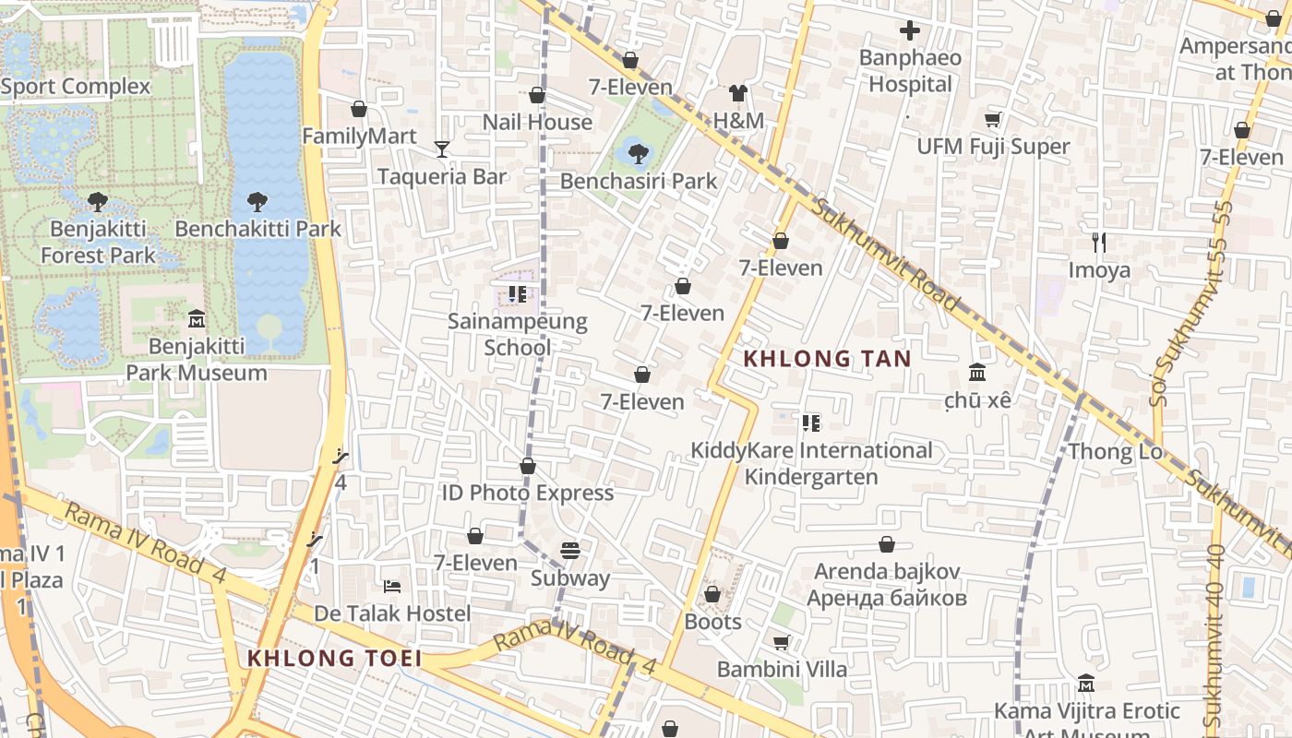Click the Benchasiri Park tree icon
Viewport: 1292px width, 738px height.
[637, 153]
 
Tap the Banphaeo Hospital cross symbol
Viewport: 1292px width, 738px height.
[910, 31]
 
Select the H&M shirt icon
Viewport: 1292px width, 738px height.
[738, 92]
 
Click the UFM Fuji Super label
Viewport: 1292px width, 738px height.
[993, 147]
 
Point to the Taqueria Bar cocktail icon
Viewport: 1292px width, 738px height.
[442, 149]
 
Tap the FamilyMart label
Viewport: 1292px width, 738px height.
[359, 137]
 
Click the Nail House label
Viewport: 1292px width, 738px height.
[537, 122]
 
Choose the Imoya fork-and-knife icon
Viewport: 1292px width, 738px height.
[1098, 243]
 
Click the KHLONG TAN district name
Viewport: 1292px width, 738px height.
[827, 359]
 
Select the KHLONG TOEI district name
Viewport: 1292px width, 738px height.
[334, 659]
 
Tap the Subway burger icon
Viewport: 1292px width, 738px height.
[570, 551]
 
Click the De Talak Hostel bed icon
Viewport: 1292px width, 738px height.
[392, 586]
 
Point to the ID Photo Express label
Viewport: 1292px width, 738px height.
[527, 493]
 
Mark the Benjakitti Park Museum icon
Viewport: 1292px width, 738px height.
[197, 319]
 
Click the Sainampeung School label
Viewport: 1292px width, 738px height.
[518, 334]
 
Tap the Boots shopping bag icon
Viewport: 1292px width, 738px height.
[712, 594]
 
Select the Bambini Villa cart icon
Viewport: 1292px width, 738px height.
[782, 642]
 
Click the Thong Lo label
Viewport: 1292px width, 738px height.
[1115, 451]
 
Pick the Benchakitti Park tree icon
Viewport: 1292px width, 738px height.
[257, 201]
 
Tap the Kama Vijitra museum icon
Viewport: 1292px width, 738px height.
[1086, 684]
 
